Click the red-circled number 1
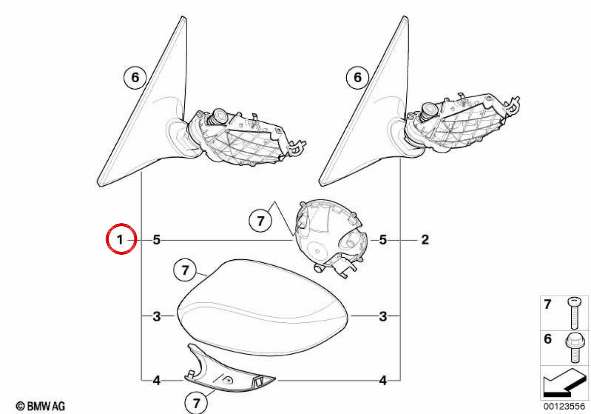coord(120,240)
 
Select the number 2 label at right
coord(425,240)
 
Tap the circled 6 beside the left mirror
coord(135,78)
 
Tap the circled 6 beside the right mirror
coord(358,78)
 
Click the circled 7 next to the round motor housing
coord(261,221)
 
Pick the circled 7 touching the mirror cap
coord(185,271)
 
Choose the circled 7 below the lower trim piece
coord(196,403)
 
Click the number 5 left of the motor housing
coord(157,240)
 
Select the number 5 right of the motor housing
coord(383,240)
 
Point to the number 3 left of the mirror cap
coord(157,316)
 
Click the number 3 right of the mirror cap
coord(383,316)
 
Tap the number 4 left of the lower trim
coord(157,380)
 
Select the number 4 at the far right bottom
coord(383,380)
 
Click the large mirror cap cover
coord(263,308)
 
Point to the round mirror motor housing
coord(331,238)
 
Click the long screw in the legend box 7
coord(574,313)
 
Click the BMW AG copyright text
coord(40,406)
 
